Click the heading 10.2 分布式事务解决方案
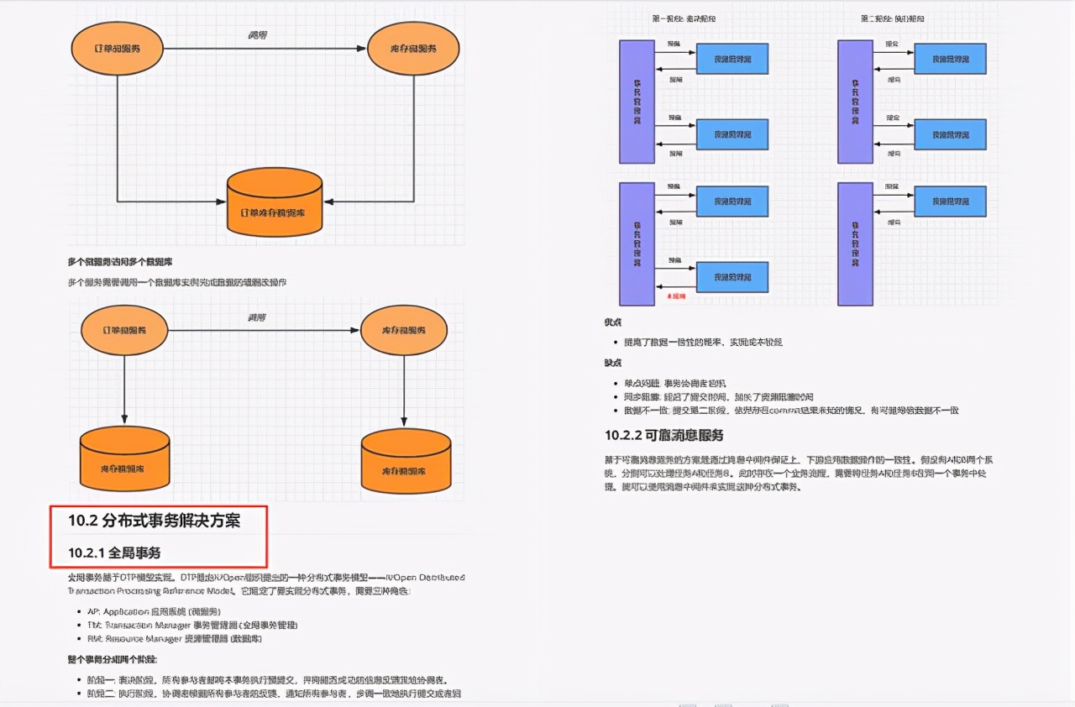coord(155,521)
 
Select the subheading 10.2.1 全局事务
coord(114,553)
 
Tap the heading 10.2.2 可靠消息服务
coord(664,435)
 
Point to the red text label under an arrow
coord(675,296)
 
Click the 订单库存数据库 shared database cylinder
coord(275,202)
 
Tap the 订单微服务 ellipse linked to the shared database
coord(117,48)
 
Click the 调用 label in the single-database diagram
coord(258,35)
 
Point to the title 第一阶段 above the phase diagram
coord(684,18)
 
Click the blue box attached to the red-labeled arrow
coord(732,277)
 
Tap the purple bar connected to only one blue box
coord(855,244)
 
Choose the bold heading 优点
coord(613,322)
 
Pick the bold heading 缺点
coord(613,363)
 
